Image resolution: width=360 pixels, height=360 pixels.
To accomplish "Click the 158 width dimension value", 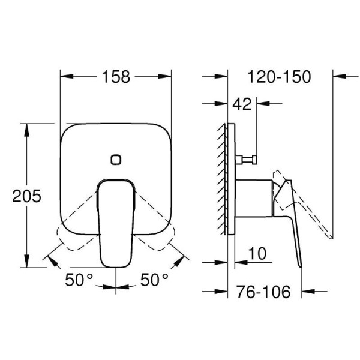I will point(116,77).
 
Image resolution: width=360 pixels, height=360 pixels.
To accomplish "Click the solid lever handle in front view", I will point(116,222).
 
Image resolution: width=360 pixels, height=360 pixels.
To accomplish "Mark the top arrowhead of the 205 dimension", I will point(26,128).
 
